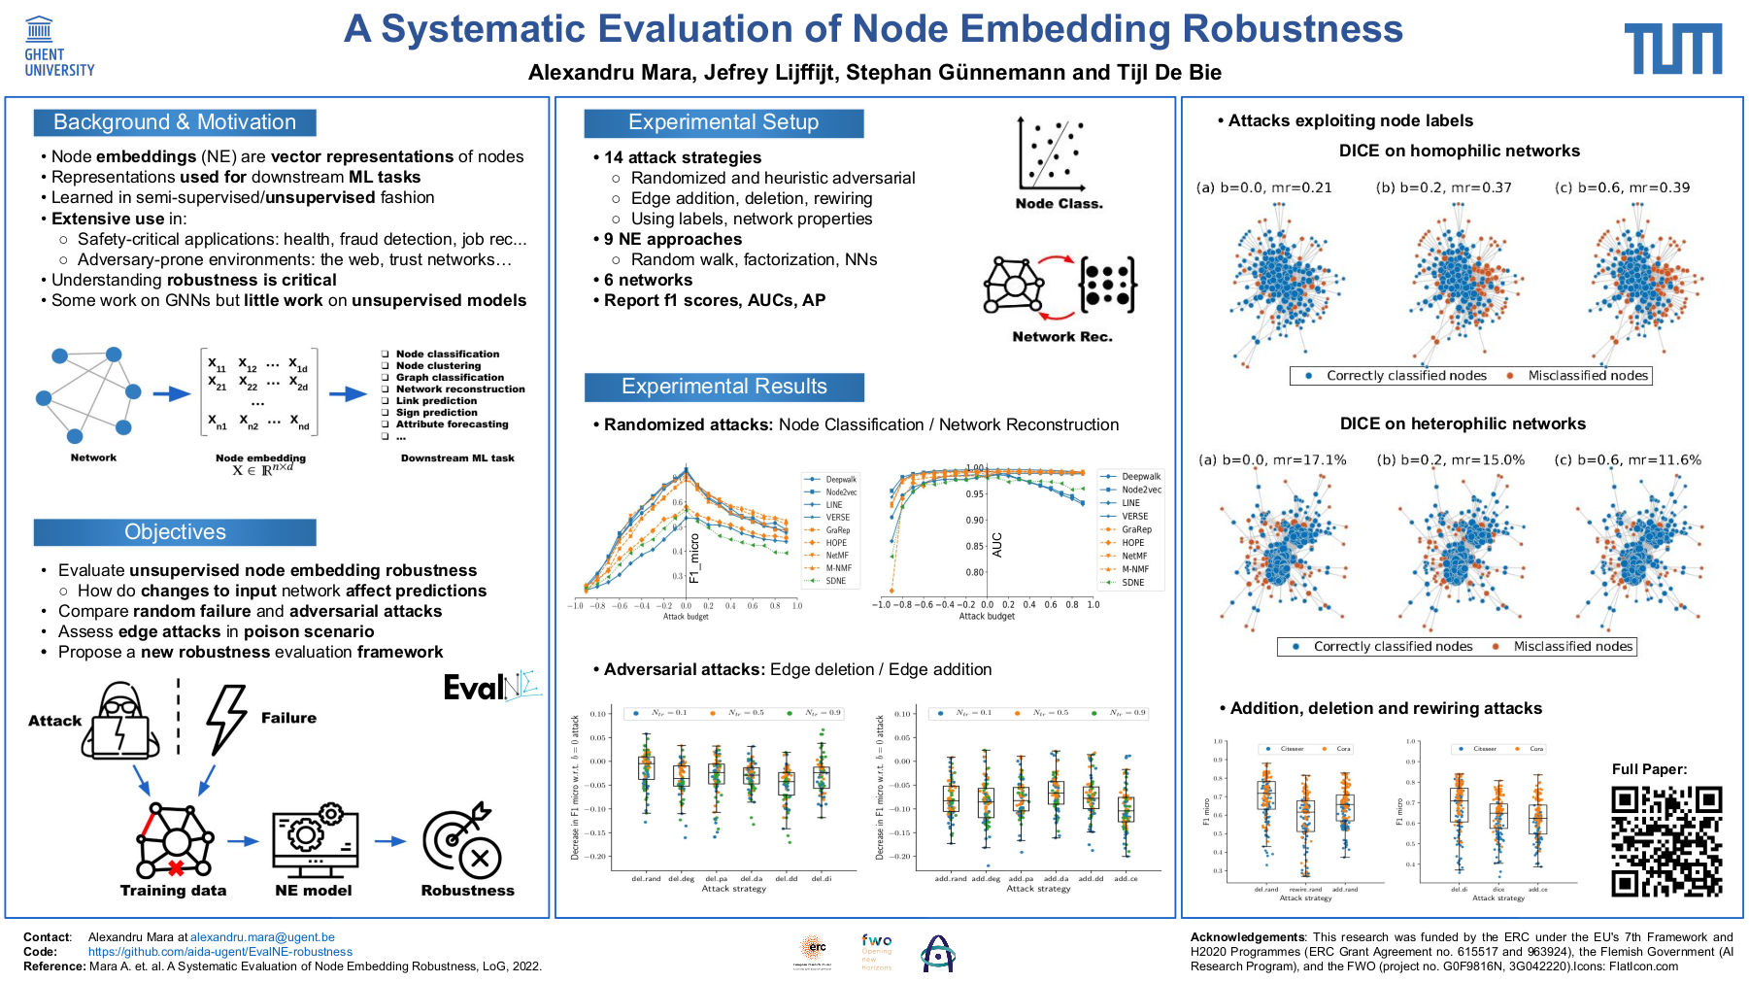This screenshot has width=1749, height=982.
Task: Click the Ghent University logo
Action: point(58,47)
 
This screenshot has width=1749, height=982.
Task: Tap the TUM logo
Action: point(1672,50)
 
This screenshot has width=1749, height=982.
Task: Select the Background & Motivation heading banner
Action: point(175,122)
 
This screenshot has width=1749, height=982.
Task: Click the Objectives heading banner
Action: point(175,532)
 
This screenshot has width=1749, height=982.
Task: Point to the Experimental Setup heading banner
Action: point(723,122)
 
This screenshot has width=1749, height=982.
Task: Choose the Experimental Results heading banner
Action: point(723,387)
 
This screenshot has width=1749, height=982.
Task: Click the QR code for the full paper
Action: point(1666,841)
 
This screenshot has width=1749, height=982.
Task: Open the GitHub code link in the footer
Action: point(220,952)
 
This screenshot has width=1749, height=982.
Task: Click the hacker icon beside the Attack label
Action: point(120,721)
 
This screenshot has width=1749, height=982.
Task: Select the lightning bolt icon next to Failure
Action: point(225,719)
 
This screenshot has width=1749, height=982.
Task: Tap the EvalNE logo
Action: point(492,686)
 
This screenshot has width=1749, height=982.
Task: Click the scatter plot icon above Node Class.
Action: point(1051,154)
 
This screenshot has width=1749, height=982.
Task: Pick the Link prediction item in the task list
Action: point(436,401)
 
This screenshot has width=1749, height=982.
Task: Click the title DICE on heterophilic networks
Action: point(1463,423)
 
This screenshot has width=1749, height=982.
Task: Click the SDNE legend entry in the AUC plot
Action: point(1132,583)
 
